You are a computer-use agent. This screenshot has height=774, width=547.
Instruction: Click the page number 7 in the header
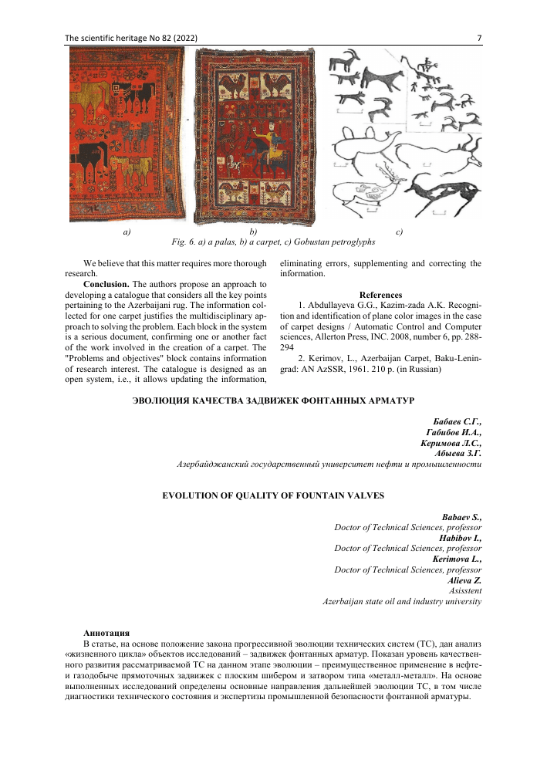point(480,38)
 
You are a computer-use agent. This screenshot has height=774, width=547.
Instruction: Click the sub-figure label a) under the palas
point(127,231)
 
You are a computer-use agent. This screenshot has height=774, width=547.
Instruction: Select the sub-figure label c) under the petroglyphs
point(399,231)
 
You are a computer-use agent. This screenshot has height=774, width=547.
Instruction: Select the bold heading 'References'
point(380,295)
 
